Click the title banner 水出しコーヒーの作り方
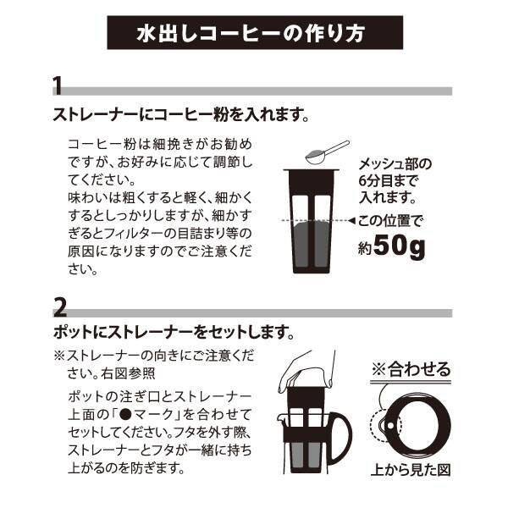tap(255, 32)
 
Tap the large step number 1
tap(58, 86)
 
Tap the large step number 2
tap(59, 308)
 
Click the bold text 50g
tap(399, 247)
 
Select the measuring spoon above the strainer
tap(327, 152)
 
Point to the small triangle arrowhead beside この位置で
tap(352, 221)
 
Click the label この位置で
tap(390, 221)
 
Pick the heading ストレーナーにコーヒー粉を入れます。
tap(181, 114)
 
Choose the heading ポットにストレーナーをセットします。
tap(174, 333)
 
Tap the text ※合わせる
tap(411, 368)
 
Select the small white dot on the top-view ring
tap(390, 425)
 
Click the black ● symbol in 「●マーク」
tap(125, 415)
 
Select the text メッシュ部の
tap(395, 164)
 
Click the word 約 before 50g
tap(365, 249)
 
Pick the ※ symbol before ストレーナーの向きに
tap(59, 356)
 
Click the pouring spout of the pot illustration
tap(279, 418)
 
